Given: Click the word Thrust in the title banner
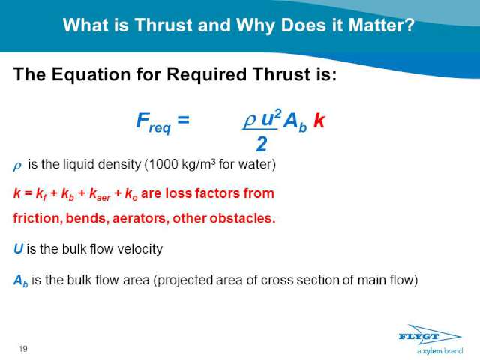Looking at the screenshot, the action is coord(163,25).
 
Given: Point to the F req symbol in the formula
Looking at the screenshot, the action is coord(153,122).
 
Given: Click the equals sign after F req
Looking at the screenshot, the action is coord(183,120).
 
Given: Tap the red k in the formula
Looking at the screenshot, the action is coord(319,120).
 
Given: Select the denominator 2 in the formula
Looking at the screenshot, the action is coord(261,144).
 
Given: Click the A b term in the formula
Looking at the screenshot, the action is coord(295,121).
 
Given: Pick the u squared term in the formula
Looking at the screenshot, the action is coord(271,118).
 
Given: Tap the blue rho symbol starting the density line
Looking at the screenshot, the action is coord(17,166).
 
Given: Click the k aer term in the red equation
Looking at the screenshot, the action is coord(100,194).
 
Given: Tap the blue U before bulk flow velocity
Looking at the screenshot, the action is coord(18,248).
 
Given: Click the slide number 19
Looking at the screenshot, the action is coord(23,348).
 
